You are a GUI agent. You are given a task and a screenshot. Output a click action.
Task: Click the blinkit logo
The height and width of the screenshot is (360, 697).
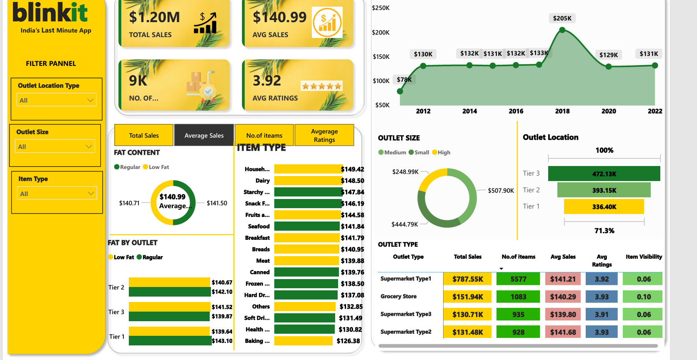click(x=50, y=13)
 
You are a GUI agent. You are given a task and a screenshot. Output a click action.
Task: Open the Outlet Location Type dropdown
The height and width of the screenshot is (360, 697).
click(x=57, y=100)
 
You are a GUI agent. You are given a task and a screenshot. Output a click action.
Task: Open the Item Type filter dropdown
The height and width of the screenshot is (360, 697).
click(x=57, y=194)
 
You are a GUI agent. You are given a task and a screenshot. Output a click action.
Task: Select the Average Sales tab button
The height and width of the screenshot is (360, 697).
click(x=204, y=135)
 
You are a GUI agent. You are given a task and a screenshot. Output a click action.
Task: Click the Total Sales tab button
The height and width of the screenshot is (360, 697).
click(x=144, y=135)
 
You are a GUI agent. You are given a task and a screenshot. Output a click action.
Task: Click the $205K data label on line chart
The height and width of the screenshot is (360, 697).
click(x=562, y=18)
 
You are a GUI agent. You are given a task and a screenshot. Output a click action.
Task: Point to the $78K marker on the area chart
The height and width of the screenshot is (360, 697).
click(x=400, y=91)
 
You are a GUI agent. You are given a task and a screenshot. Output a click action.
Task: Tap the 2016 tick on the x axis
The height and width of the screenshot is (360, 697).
click(x=516, y=111)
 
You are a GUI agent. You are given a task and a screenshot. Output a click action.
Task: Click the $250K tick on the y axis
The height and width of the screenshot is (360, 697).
click(x=381, y=8)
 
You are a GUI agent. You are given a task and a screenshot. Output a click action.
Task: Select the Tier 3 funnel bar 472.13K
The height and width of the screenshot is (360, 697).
click(x=604, y=174)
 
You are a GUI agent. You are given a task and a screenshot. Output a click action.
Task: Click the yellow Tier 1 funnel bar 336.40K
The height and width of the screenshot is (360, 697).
click(x=604, y=206)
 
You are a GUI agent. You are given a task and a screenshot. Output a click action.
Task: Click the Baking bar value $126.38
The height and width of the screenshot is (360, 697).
click(x=348, y=341)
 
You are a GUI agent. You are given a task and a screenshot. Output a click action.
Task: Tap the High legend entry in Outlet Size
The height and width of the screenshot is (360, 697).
click(x=441, y=152)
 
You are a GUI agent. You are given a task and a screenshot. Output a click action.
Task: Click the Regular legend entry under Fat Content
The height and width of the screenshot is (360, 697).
click(x=127, y=167)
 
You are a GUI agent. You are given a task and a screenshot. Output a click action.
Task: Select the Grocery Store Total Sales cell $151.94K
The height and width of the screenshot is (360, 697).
click(x=468, y=297)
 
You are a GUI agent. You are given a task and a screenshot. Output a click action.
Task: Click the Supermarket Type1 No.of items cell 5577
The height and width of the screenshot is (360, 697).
click(x=518, y=279)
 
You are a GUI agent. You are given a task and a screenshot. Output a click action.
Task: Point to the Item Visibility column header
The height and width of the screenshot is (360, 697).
click(x=644, y=257)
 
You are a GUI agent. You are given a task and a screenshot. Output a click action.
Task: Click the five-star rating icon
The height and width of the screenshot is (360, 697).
click(x=321, y=86)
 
